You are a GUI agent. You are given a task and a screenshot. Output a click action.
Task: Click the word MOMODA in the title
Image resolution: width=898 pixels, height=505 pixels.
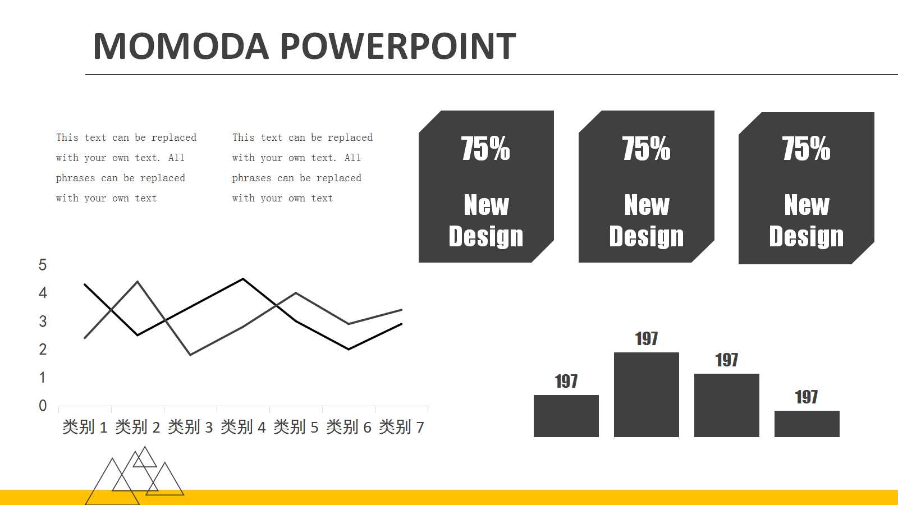click(x=181, y=46)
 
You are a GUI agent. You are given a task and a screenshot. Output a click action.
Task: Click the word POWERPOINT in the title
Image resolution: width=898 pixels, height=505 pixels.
click(x=397, y=46)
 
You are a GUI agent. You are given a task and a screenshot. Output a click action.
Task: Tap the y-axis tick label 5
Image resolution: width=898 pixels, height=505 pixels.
click(x=43, y=265)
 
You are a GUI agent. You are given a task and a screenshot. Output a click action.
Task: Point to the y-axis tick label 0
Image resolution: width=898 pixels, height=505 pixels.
click(x=43, y=406)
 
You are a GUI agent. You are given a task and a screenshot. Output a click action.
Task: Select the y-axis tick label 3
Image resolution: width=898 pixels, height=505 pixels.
click(x=43, y=322)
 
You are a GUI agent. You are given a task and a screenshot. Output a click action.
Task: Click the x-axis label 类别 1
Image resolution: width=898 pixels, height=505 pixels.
click(x=85, y=428)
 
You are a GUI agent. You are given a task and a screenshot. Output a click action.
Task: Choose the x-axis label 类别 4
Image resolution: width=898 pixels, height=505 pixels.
click(x=243, y=428)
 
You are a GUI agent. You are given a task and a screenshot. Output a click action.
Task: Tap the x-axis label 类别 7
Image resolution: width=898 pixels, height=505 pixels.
click(x=401, y=428)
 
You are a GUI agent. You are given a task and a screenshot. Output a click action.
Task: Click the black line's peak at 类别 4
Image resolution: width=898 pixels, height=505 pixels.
click(x=243, y=279)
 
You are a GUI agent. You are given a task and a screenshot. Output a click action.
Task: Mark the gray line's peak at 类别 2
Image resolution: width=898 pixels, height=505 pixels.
click(x=138, y=282)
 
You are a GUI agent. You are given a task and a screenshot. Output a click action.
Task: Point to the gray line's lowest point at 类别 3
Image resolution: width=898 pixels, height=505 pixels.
click(x=190, y=355)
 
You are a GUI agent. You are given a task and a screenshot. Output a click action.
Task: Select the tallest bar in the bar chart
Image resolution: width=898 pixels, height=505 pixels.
click(x=646, y=394)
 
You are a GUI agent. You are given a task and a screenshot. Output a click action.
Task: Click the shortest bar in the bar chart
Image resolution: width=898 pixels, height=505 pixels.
click(x=807, y=424)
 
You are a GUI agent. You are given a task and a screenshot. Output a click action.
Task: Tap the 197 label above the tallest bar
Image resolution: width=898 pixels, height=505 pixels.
click(x=646, y=339)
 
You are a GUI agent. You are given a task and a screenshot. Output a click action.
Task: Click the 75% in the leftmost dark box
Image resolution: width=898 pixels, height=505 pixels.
click(x=485, y=149)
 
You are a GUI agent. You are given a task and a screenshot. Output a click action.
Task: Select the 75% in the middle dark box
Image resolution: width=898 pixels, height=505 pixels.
click(x=646, y=149)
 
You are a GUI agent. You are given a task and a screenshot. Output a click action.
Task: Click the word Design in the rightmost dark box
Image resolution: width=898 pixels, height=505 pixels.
click(x=806, y=236)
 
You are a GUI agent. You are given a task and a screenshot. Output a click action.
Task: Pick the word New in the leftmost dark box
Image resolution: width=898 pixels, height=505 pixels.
click(x=486, y=205)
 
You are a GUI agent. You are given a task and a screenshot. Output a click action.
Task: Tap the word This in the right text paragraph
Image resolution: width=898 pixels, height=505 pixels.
click(x=243, y=137)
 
